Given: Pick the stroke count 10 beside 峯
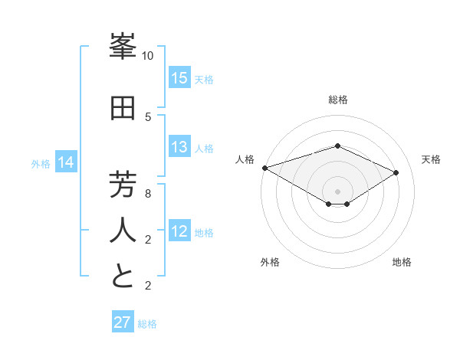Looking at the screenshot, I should coord(148,56).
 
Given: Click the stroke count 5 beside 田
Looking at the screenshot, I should coord(148,116).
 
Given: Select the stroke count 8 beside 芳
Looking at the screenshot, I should coord(148,194).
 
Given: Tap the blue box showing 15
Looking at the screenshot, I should coord(179,78).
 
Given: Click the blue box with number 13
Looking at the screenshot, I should coord(179,147).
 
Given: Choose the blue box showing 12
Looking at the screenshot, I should coord(179,232).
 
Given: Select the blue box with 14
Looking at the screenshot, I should coord(66,162).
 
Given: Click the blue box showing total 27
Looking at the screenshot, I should coord(123,322).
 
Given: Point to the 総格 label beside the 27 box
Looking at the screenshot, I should coord(147,324).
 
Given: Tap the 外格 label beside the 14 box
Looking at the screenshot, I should coord(41,163).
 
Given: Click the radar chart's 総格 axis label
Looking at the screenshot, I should coord(337,100).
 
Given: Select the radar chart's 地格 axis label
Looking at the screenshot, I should coord(402,263).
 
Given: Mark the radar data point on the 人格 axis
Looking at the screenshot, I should coord(264,167).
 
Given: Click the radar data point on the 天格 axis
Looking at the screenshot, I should coord(396,172).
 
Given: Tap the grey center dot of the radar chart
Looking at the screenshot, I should coord(337,191).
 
